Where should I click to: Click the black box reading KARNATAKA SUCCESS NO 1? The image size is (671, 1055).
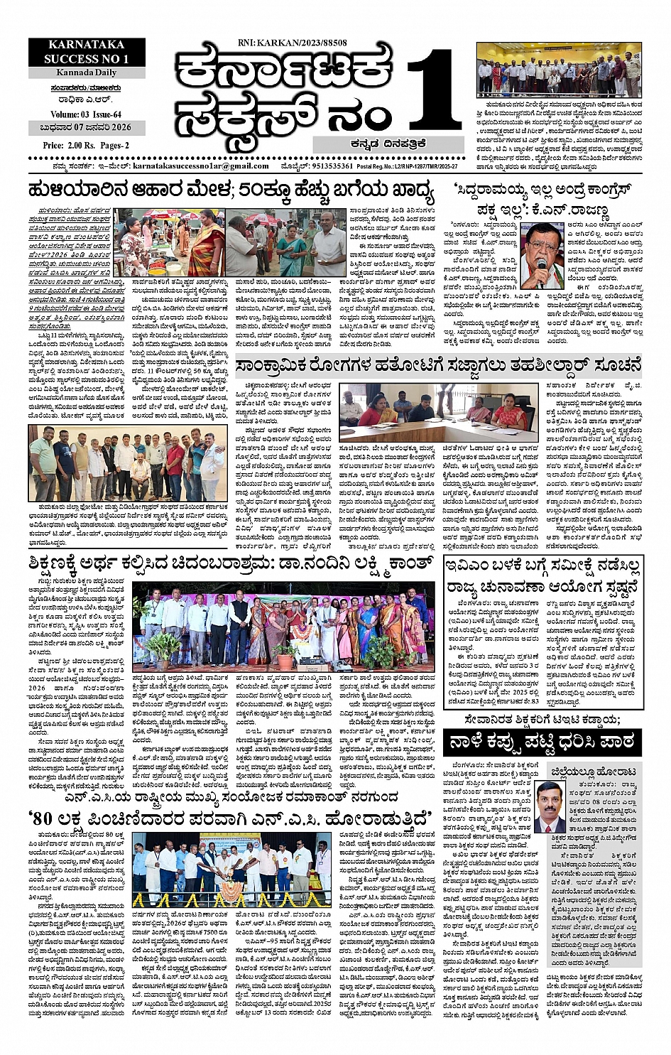click(x=87, y=53)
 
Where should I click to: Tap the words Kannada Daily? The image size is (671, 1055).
click(x=87, y=73)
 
